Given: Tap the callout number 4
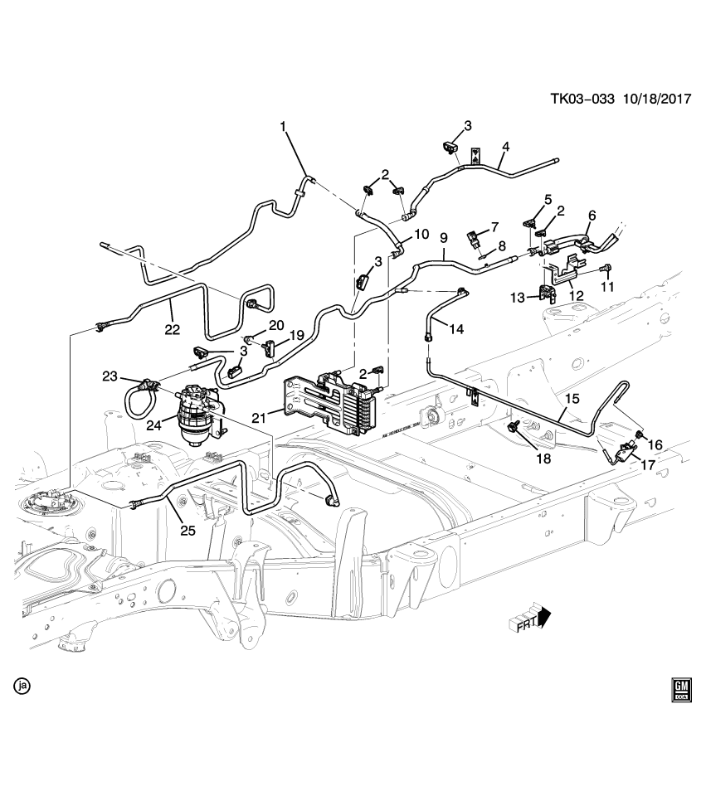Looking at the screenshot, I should [505, 148].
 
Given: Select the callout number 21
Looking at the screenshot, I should [260, 416].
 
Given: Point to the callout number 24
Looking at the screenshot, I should [153, 427].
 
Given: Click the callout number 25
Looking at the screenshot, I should [187, 530].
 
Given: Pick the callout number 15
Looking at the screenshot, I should [572, 398].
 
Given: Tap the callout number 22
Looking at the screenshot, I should [173, 329].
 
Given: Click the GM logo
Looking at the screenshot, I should [682, 690].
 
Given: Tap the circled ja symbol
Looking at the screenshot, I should [22, 686].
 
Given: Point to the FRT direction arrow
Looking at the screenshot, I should [531, 619].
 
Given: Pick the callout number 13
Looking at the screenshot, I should [518, 297].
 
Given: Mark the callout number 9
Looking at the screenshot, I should [444, 235].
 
